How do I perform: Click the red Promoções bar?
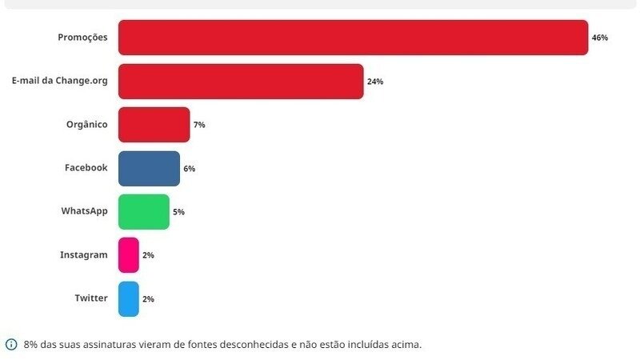coord(353,38)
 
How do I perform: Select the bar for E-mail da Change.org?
coord(241,82)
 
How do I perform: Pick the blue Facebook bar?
coord(149,168)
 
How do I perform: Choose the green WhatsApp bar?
coord(144,212)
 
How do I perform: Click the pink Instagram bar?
coord(129,255)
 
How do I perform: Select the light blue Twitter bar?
coord(129,298)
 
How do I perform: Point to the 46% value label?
coord(600,38)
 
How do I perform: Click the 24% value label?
coord(375,82)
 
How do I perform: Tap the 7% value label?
coord(199,125)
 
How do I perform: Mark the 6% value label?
coord(189,169)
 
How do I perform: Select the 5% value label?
coord(178,212)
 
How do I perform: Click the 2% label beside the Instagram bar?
coord(148,255)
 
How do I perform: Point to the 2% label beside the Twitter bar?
coord(148,298)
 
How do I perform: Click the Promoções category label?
coord(82,38)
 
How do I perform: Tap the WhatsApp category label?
coord(84,211)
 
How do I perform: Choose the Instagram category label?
coord(83,254)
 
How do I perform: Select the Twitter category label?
coord(91,298)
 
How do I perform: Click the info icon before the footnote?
coord(11,345)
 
